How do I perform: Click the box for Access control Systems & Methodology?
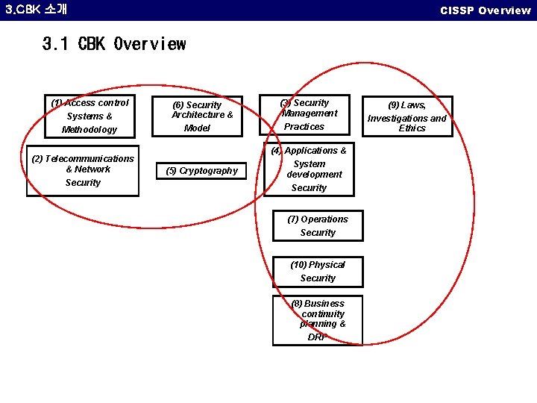tap(89, 116)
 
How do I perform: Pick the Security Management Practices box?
tap(308, 115)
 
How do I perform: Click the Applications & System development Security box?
tap(309, 169)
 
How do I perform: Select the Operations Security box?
tap(318, 225)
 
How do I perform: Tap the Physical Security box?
tap(318, 272)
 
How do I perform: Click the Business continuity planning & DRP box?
tap(318, 320)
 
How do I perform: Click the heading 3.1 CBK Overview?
tap(114, 44)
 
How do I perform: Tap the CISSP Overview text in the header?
tap(485, 10)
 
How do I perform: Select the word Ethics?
tap(412, 128)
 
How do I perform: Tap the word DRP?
tap(317, 337)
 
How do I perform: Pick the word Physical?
tap(327, 265)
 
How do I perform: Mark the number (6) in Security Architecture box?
tap(178, 106)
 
